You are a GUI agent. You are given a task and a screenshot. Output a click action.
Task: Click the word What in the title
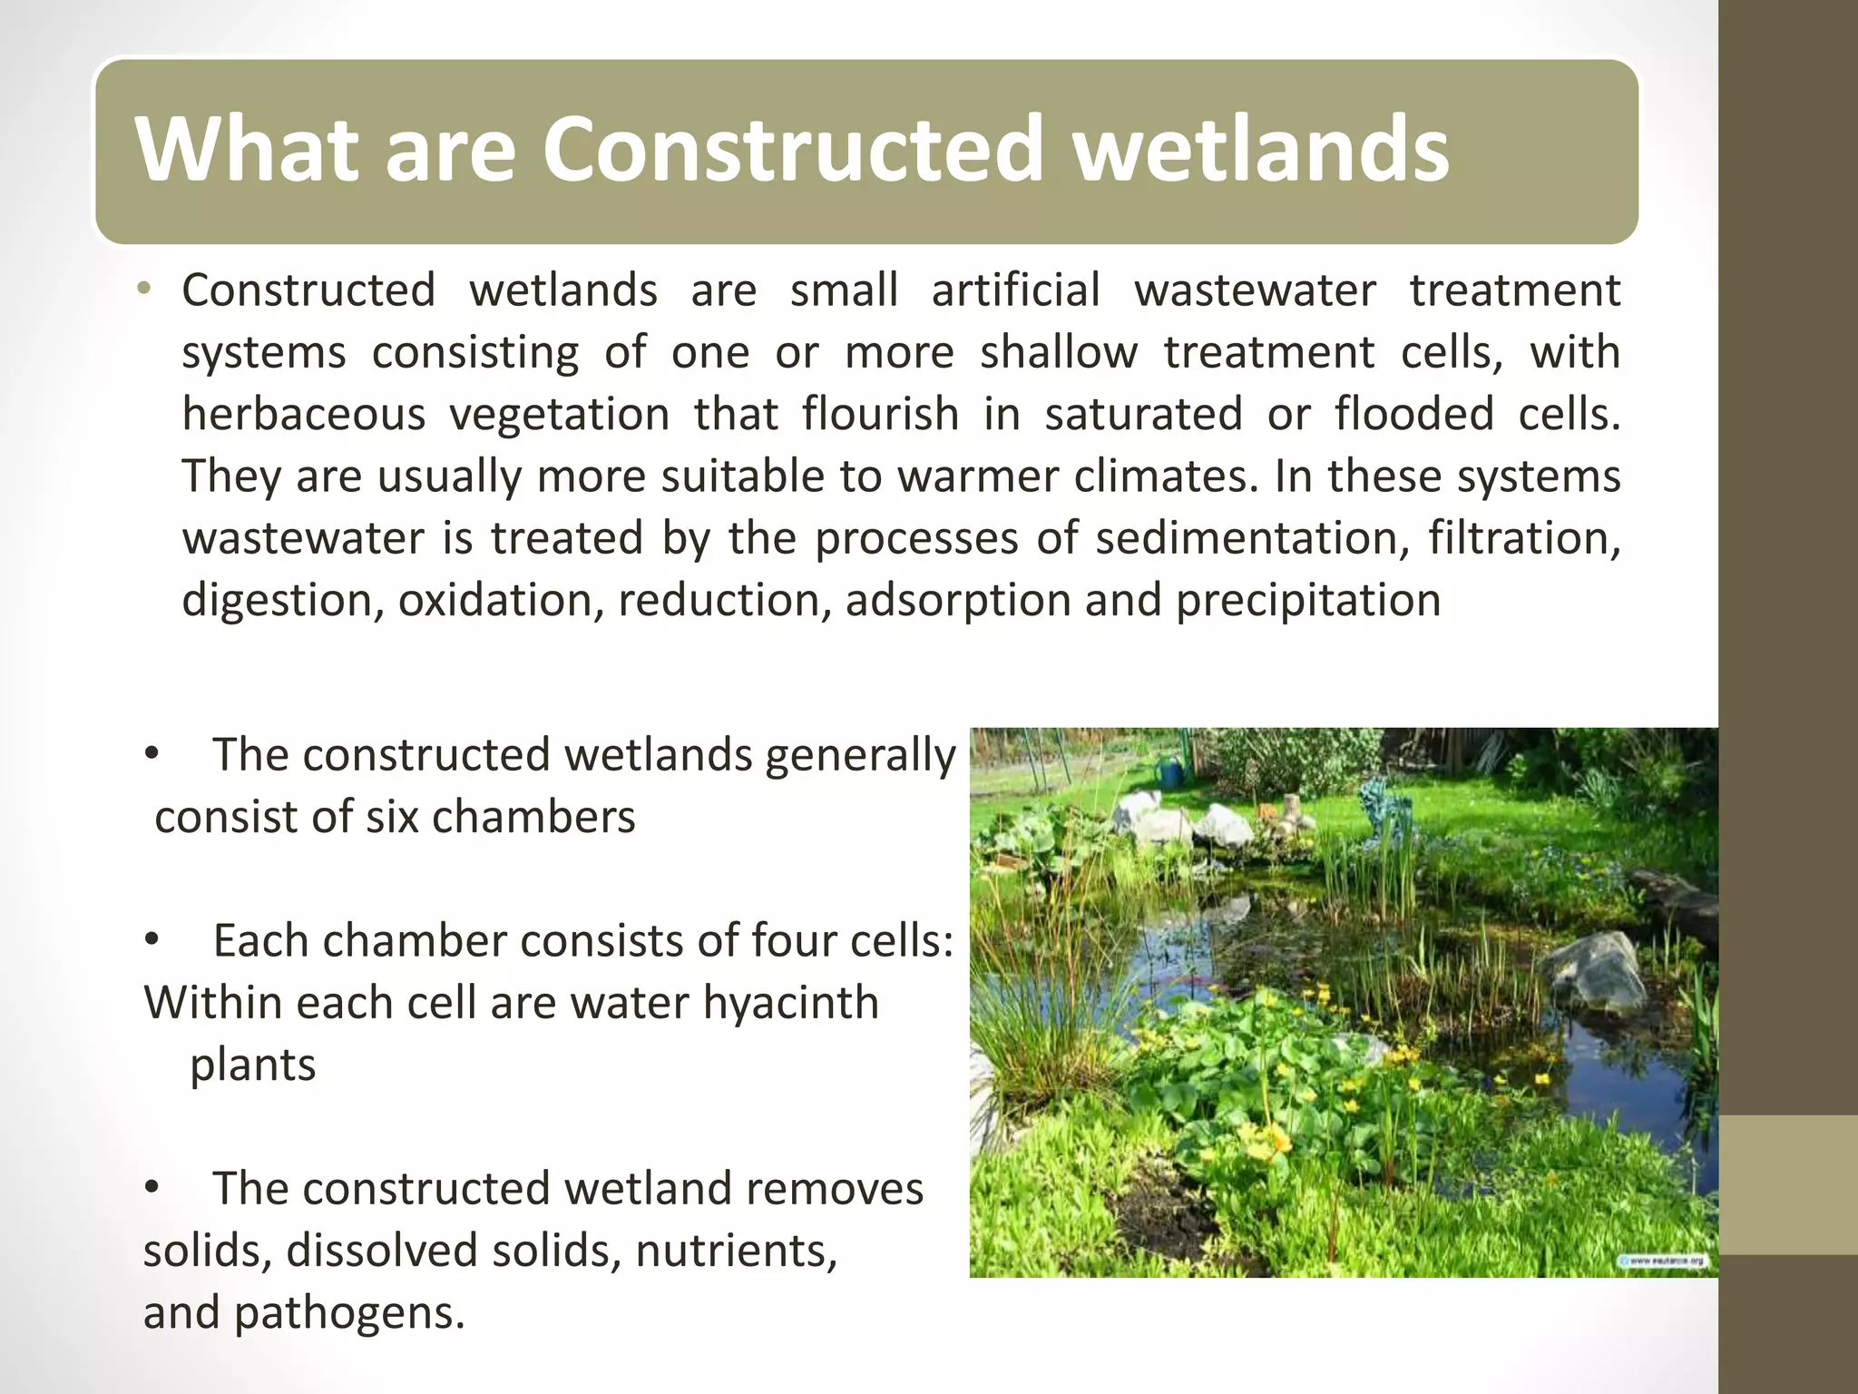coord(245,150)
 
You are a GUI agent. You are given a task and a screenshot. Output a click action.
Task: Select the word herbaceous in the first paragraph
coord(303,415)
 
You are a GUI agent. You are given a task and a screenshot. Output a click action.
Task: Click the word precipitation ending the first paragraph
coord(1307,601)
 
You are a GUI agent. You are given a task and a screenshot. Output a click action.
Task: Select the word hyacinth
coord(790,1003)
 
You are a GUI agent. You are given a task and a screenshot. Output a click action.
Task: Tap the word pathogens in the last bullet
coord(349,1313)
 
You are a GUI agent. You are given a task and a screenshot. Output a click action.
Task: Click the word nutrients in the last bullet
coord(736,1252)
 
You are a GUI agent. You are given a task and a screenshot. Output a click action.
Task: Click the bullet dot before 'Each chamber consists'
coord(152,941)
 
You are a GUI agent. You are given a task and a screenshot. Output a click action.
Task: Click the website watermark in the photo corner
coord(1665,1260)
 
